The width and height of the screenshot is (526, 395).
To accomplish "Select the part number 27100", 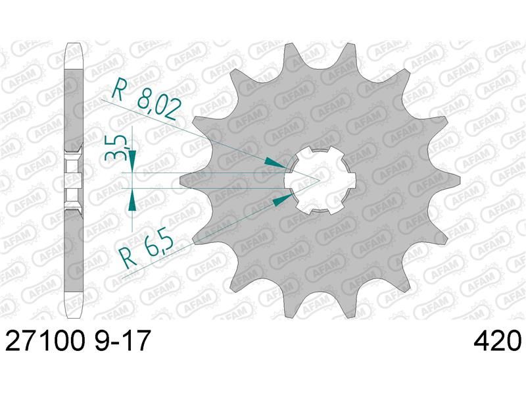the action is point(45,340).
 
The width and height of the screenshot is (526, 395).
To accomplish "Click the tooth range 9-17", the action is point(122,340).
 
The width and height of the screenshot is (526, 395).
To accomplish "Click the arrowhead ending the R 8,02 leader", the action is point(276,162).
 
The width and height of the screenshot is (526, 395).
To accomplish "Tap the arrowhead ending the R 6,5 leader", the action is point(281,199).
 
